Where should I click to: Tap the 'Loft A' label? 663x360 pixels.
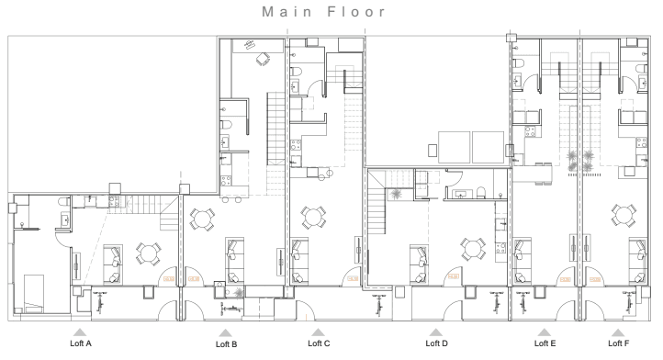(x=81, y=344)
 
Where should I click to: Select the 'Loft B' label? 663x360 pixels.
(x=226, y=345)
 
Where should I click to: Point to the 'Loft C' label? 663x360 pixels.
(x=318, y=344)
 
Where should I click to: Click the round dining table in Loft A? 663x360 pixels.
(x=147, y=251)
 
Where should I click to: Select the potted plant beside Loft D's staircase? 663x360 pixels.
(x=395, y=194)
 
